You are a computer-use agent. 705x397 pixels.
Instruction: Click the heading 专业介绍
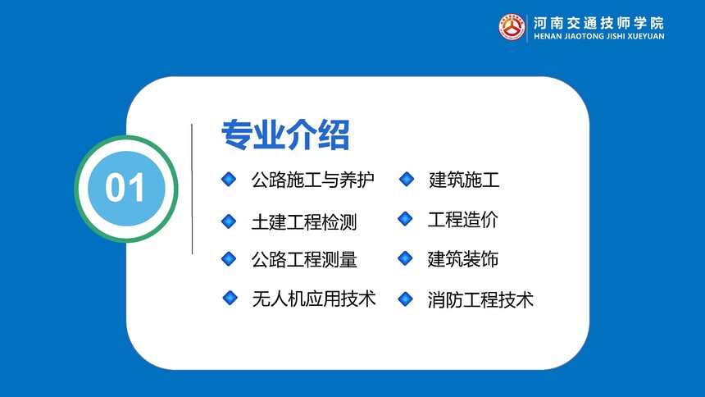[x=285, y=135]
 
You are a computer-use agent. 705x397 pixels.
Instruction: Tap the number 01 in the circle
[x=125, y=187]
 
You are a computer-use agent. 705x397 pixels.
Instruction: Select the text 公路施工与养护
[x=312, y=180]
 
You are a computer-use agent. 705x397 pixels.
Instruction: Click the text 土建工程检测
[x=304, y=222]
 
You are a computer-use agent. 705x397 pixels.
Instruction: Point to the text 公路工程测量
[x=304, y=259]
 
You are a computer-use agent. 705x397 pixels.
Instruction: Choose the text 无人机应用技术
[x=314, y=299]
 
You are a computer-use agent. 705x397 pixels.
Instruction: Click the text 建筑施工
[x=464, y=180]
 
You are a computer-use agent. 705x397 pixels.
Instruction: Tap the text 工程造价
[x=462, y=220]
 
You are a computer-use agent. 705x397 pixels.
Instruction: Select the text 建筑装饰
[x=462, y=259]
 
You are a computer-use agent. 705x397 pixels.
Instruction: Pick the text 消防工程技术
[x=480, y=299]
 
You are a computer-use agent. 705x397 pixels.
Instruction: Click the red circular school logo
[x=512, y=27]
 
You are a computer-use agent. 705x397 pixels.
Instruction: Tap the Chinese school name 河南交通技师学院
[x=598, y=23]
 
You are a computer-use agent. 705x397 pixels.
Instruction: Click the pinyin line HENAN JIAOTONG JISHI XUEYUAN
[x=599, y=36]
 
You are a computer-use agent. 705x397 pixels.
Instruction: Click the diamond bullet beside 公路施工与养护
[x=229, y=179]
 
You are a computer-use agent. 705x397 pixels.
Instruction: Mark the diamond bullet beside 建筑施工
[x=407, y=179]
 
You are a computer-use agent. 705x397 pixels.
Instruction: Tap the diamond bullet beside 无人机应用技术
[x=230, y=298]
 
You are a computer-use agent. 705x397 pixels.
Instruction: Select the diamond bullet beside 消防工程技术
[x=405, y=299]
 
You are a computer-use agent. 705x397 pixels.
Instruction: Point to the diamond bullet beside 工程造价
[x=405, y=219]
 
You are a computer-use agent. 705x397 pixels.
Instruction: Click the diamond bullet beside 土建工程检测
[x=229, y=221]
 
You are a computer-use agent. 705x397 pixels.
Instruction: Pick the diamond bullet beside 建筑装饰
[x=405, y=258]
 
